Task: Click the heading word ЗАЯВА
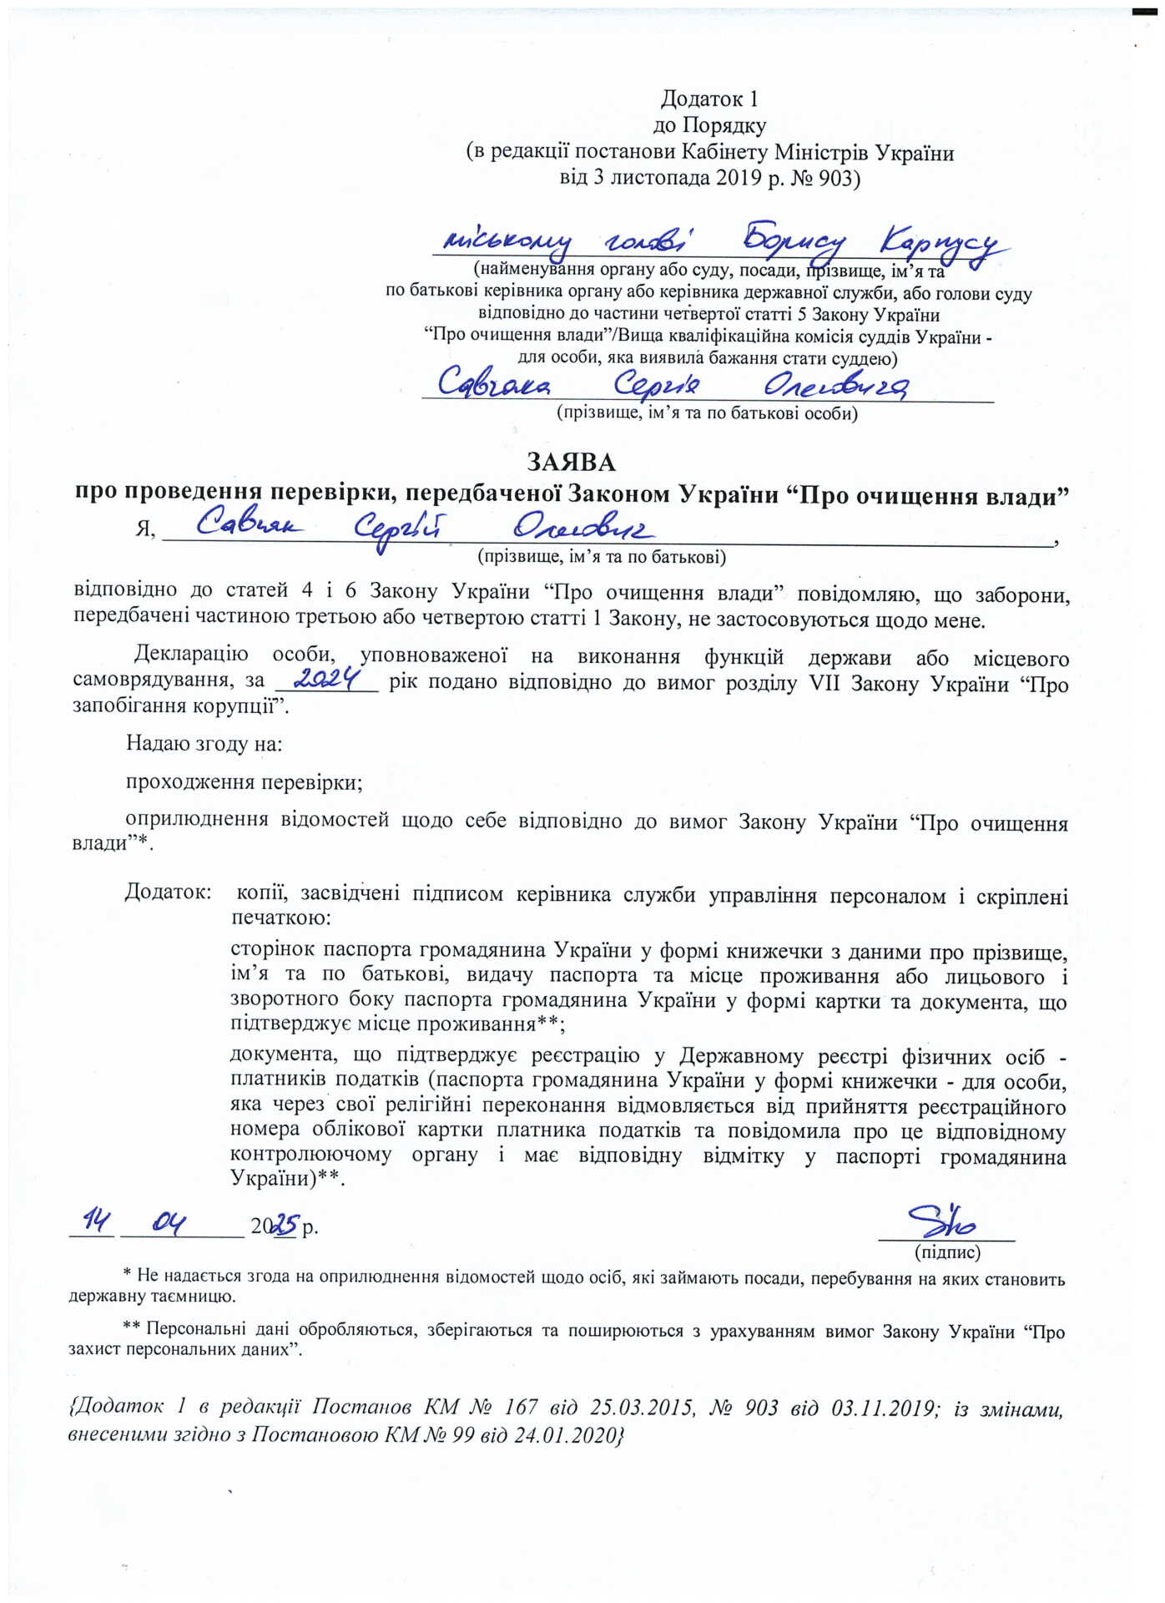tap(571, 462)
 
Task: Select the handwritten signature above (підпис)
tap(944, 1222)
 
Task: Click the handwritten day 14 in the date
tap(92, 1223)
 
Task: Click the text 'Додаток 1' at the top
tap(709, 99)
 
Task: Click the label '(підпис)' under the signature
tap(947, 1252)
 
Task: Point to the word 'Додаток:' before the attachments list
tap(168, 893)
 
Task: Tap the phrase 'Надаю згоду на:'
tap(204, 742)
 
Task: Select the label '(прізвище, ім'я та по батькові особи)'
tap(707, 413)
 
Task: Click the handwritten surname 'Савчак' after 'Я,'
tap(250, 525)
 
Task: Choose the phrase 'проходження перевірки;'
tap(244, 782)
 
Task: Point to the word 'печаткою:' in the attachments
tap(280, 918)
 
